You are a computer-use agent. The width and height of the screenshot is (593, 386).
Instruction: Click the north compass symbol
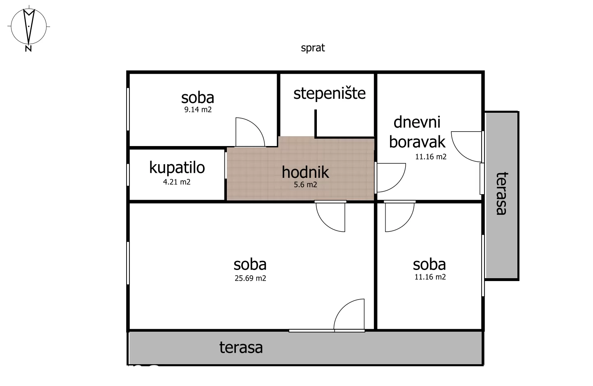pyautogui.click(x=28, y=26)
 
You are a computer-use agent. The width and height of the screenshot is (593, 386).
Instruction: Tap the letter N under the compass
pyautogui.click(x=28, y=49)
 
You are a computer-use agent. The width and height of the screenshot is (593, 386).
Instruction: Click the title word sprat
pyautogui.click(x=313, y=48)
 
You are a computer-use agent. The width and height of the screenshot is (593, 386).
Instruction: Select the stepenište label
pyautogui.click(x=329, y=93)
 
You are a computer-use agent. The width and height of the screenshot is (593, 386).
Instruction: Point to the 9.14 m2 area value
pyautogui.click(x=198, y=110)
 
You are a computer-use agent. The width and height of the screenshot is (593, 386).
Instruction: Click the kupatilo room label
pyautogui.click(x=177, y=167)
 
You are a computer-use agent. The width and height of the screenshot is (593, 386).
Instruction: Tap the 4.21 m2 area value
pyautogui.click(x=177, y=182)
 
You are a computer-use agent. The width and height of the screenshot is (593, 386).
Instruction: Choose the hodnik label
pyautogui.click(x=305, y=172)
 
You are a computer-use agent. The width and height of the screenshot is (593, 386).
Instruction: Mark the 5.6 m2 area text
pyautogui.click(x=305, y=185)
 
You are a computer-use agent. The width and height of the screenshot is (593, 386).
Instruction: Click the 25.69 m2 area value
pyautogui.click(x=250, y=278)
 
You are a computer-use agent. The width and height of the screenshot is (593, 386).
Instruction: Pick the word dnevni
pyautogui.click(x=417, y=122)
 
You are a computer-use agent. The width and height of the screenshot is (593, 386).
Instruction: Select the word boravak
pyautogui.click(x=417, y=142)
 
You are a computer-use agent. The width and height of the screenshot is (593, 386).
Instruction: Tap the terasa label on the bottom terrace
pyautogui.click(x=241, y=348)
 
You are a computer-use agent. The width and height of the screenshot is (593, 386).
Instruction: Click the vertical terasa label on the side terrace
pyautogui.click(x=501, y=193)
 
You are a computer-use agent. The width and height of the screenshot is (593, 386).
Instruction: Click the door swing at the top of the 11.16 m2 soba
pyautogui.click(x=399, y=216)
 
